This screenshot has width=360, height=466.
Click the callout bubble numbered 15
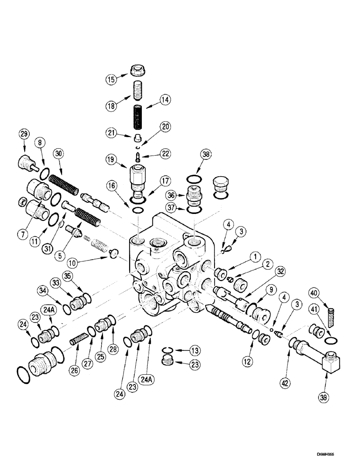click(110, 79)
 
